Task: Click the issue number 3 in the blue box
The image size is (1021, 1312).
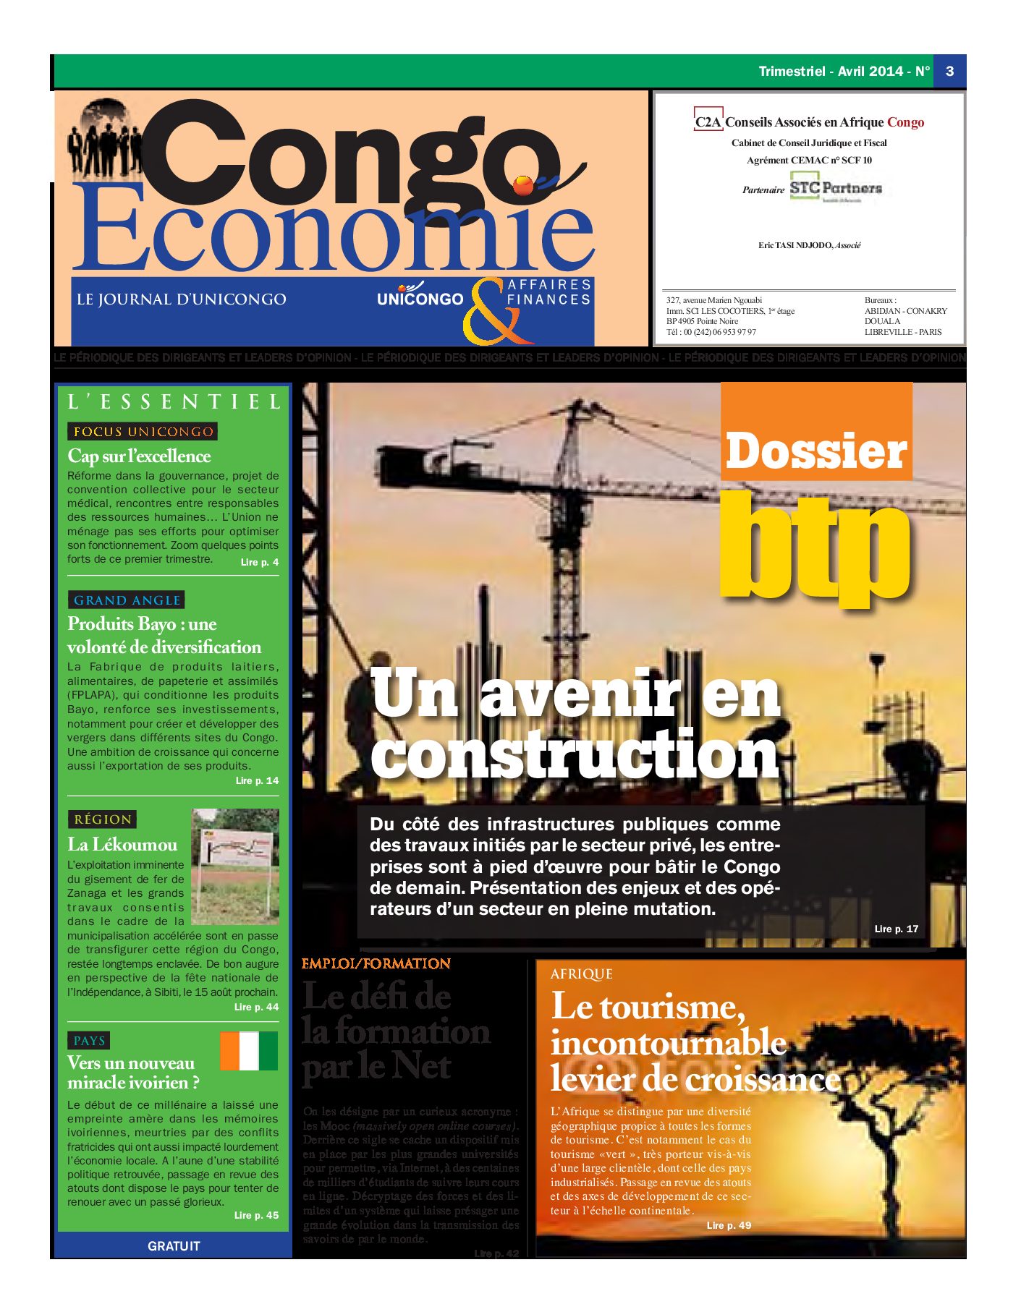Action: (949, 71)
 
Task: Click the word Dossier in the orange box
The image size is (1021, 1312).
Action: (815, 451)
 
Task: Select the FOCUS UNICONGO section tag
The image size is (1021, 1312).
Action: (143, 432)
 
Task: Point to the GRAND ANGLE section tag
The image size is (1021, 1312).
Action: (127, 600)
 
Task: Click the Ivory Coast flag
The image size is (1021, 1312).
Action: (248, 1051)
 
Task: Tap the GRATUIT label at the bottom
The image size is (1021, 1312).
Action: (174, 1245)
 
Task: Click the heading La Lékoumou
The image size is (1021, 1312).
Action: (122, 844)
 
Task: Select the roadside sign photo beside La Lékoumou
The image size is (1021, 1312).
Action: (235, 866)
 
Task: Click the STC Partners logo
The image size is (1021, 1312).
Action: (835, 189)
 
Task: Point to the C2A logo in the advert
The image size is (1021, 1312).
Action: (708, 122)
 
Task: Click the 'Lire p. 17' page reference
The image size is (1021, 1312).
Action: (896, 929)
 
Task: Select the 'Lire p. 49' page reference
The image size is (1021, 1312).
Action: (729, 1225)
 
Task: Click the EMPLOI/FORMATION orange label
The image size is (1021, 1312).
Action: (376, 964)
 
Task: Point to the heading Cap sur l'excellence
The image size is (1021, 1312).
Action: (139, 456)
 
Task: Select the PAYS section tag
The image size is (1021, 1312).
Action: (89, 1041)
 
